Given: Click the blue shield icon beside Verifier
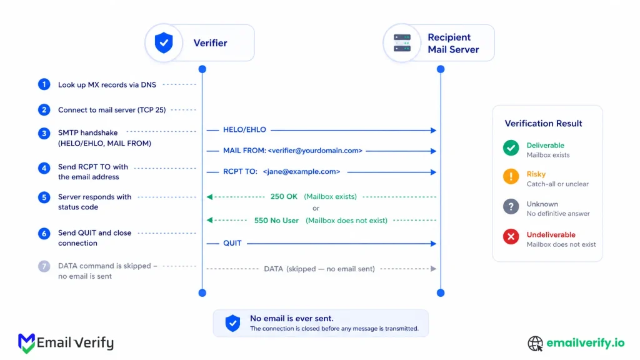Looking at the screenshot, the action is pos(164,43).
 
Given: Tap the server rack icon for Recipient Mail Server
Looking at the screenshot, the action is pos(402,43).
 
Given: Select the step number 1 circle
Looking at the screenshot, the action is pos(44,84).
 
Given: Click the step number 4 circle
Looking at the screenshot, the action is pos(44,167).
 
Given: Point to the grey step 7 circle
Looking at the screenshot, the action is pos(44,266).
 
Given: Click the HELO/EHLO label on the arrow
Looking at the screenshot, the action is pos(244,130).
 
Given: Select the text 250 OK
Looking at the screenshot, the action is pos(284,197).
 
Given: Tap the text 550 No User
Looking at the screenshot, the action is pos(276,221).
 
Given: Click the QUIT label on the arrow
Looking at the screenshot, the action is pos(232,243).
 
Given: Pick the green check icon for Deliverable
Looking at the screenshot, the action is pos(511,147).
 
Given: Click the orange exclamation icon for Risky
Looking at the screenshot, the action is pos(511,177).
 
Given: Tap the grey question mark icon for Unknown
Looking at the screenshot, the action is pos(511,206).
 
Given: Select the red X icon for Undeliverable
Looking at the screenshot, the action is pos(511,236).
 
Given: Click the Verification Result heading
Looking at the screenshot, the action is pos(543,123).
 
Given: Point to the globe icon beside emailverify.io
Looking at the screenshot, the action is pos(535,343).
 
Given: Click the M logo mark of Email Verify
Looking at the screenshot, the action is pos(26,343).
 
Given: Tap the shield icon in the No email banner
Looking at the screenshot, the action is pos(232,323).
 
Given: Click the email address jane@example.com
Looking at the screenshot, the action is pos(301,171).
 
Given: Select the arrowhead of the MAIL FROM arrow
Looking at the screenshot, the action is pos(434,151).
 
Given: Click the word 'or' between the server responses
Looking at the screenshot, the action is pos(316,208).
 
